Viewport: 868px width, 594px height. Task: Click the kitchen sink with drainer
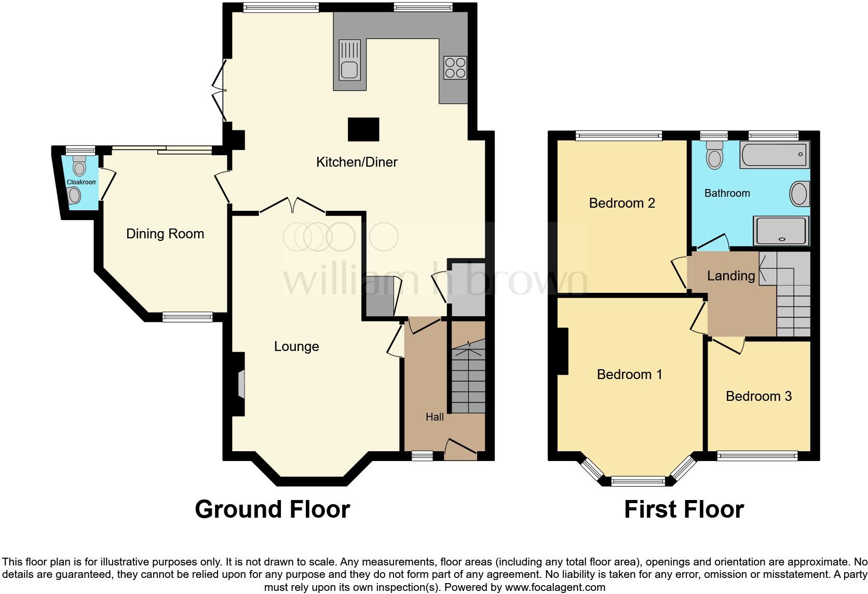click(x=349, y=59)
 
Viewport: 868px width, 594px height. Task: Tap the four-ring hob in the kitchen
click(x=455, y=67)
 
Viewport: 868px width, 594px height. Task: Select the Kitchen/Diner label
click(x=357, y=162)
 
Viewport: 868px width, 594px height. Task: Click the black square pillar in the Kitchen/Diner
click(x=363, y=129)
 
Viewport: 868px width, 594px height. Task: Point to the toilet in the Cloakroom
click(x=79, y=166)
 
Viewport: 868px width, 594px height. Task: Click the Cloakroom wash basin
click(x=75, y=196)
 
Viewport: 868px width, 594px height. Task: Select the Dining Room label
click(x=165, y=234)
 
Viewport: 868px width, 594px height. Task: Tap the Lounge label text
click(x=296, y=346)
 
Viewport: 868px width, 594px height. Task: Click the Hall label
click(x=435, y=416)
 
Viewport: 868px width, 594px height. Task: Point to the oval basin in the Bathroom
click(x=799, y=194)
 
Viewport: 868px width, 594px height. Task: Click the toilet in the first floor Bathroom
click(x=715, y=155)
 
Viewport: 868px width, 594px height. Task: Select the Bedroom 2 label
click(x=622, y=203)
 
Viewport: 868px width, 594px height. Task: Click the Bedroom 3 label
click(x=758, y=396)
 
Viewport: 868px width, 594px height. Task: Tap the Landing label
click(x=731, y=276)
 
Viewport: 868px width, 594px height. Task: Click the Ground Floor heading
click(x=272, y=509)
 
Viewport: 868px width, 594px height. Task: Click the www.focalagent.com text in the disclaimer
click(x=555, y=588)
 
